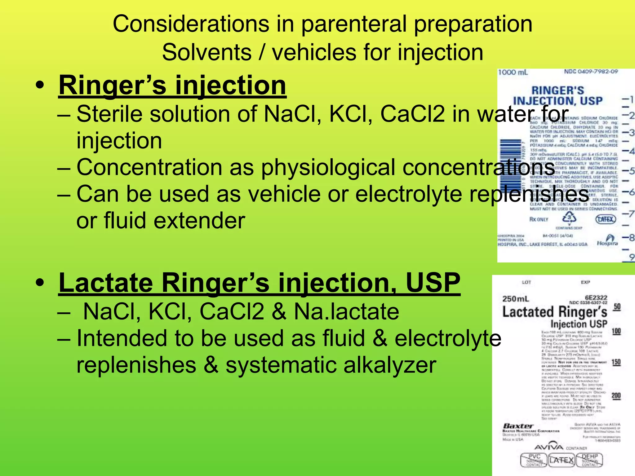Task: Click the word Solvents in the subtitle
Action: tap(206, 52)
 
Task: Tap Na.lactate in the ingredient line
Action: tap(346, 311)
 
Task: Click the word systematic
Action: tap(281, 365)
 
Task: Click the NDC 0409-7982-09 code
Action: tap(591, 72)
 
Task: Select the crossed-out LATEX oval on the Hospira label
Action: tap(606, 219)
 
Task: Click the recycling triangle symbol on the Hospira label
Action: tap(569, 218)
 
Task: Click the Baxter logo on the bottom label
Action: tap(518, 426)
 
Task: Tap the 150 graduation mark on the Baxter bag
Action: tap(616, 362)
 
